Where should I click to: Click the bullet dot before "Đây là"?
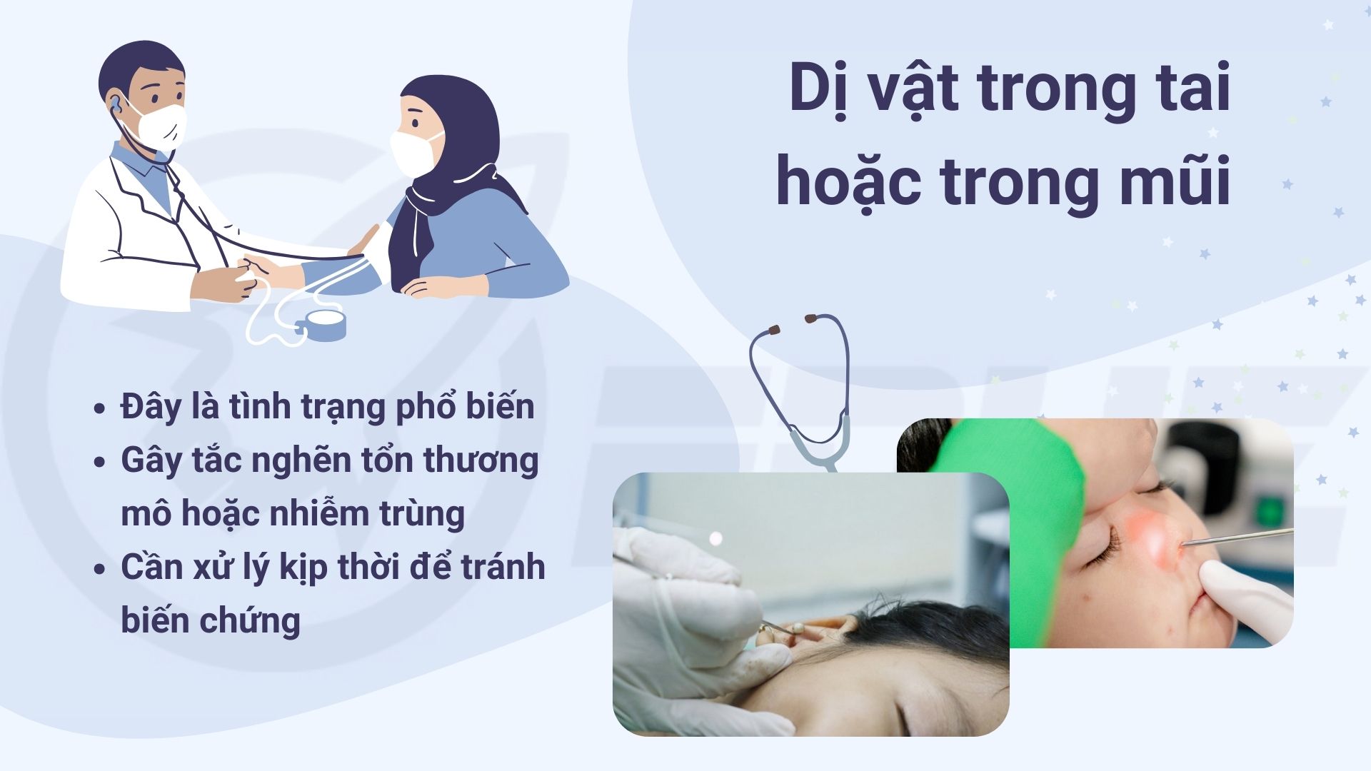tap(100, 409)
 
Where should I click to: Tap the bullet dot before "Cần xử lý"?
tap(100, 569)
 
